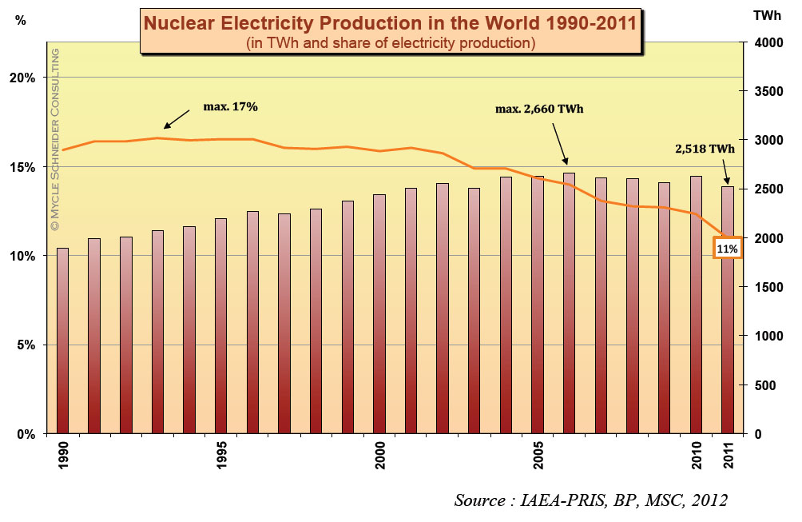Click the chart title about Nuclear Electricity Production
(390, 22)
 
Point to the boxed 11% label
(727, 249)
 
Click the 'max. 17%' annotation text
(231, 106)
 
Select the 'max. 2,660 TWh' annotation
(539, 108)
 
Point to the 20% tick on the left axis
(26, 78)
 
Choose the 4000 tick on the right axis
(769, 42)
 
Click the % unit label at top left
(21, 21)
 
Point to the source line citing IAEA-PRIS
(591, 500)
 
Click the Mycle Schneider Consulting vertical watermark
(55, 140)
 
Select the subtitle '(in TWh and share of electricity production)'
(390, 42)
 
